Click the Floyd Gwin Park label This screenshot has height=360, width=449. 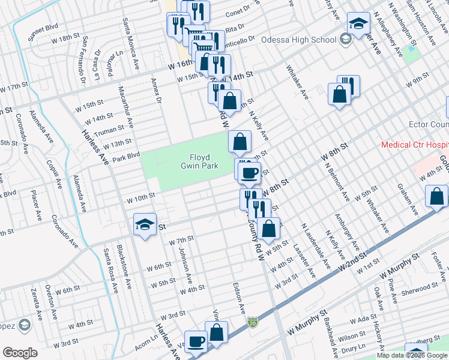click(194, 161)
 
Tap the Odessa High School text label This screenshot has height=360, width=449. click(299, 40)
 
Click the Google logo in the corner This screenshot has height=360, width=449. click(20, 352)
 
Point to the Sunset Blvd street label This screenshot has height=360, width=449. click(43, 28)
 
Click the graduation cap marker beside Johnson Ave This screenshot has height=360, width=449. click(145, 224)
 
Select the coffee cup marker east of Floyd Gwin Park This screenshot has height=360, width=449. click(249, 172)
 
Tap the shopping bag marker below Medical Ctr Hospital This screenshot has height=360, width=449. click(436, 196)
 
